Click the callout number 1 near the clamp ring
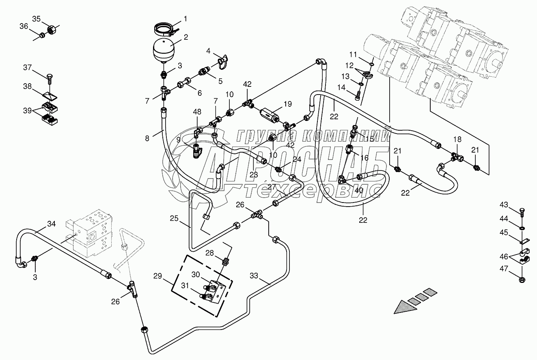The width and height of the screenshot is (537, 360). pos(185,19)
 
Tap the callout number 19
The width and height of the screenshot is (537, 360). pos(288,104)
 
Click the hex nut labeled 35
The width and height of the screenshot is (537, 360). pos(52,29)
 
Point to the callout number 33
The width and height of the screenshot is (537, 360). pos(254,276)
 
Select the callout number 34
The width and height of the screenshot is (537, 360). pos(52,224)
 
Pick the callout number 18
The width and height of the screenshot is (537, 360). pos(457,139)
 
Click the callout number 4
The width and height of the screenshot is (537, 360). pos(208,51)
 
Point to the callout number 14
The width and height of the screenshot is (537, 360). pos(341,87)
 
